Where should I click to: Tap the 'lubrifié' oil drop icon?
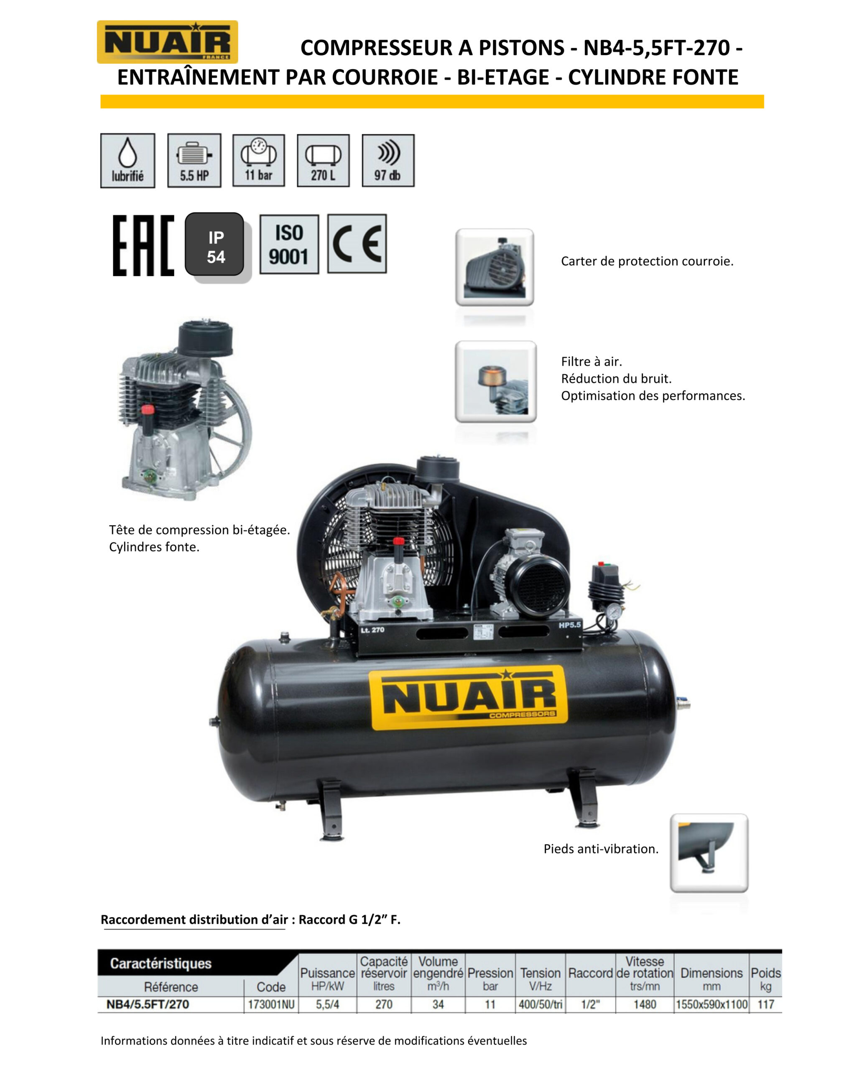[127, 161]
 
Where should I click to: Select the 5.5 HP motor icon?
[194, 161]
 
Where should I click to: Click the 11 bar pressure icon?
[258, 160]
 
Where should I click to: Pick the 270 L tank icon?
[323, 161]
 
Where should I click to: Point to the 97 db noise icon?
[388, 161]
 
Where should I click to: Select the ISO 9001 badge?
[289, 244]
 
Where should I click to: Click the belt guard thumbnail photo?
[495, 267]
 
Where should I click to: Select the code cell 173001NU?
[271, 1004]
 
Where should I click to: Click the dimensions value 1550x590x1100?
[711, 1004]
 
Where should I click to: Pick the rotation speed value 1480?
[645, 1004]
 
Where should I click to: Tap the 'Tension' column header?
[540, 973]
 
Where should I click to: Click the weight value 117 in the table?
[765, 1004]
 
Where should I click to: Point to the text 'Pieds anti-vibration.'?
[601, 849]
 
